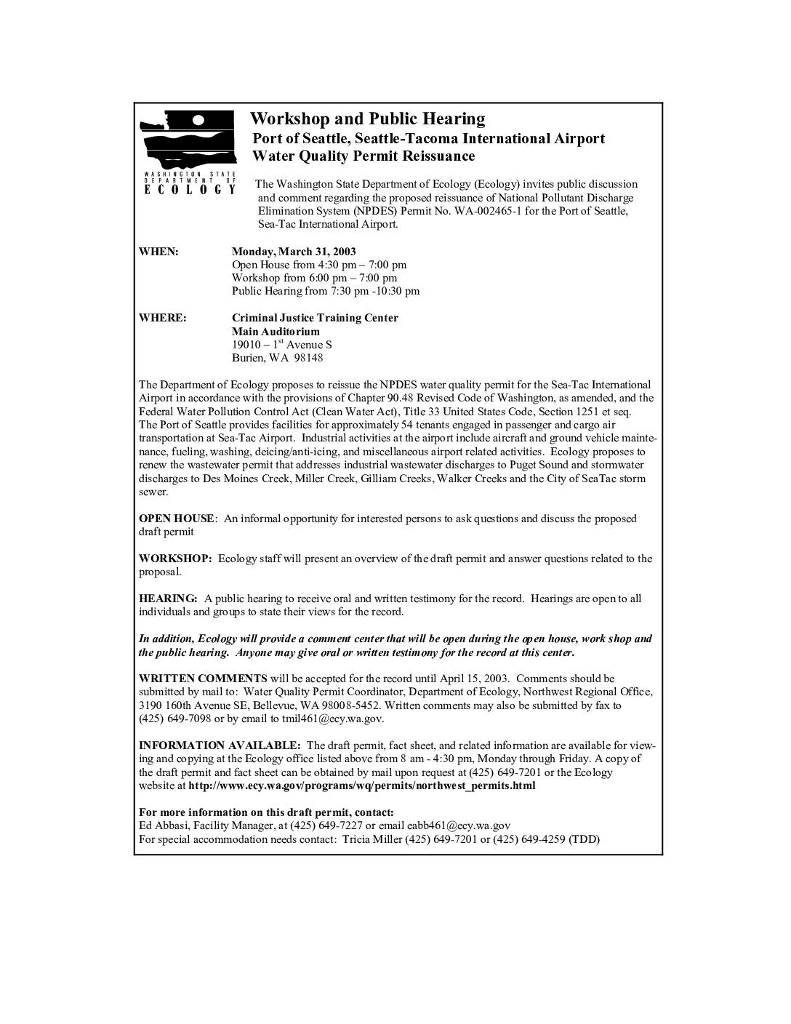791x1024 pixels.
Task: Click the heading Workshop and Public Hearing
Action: pyautogui.click(x=367, y=119)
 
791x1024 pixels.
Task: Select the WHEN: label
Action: pyautogui.click(x=158, y=252)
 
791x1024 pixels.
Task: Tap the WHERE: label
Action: pyautogui.click(x=162, y=318)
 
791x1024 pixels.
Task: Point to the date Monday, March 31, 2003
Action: pyautogui.click(x=294, y=252)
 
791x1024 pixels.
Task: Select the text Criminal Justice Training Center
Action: pyautogui.click(x=315, y=318)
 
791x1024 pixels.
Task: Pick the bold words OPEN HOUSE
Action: pyautogui.click(x=176, y=519)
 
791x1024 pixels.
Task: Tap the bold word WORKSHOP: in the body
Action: pyautogui.click(x=175, y=559)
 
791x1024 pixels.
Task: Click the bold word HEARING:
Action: pyautogui.click(x=168, y=599)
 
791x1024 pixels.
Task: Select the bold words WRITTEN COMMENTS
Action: pyautogui.click(x=203, y=679)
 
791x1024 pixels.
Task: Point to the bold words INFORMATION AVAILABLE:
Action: pyautogui.click(x=220, y=745)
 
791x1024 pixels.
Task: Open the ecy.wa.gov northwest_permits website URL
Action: pyautogui.click(x=361, y=785)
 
